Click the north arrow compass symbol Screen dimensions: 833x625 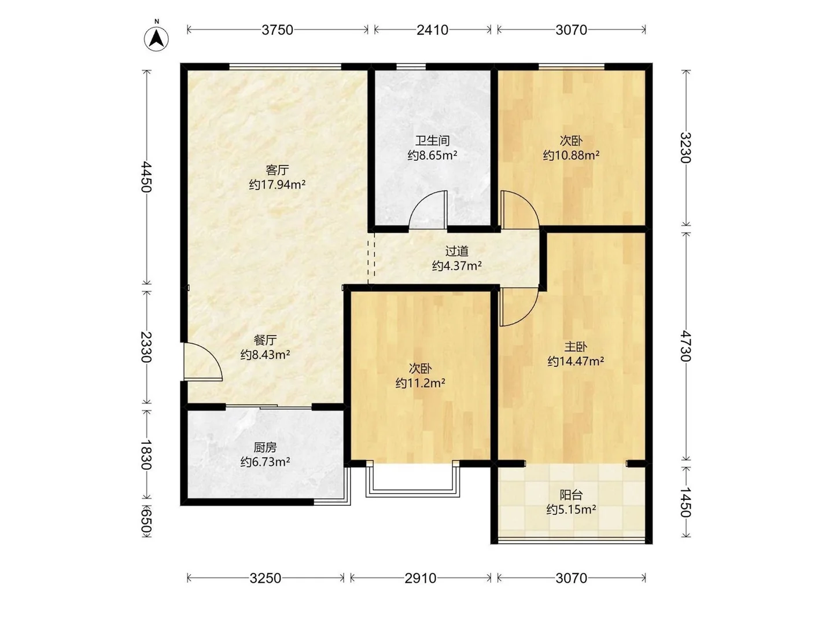click(x=156, y=39)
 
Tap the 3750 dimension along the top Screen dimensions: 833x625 click(x=278, y=30)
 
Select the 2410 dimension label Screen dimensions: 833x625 click(x=432, y=30)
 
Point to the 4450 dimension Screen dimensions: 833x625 click(x=146, y=177)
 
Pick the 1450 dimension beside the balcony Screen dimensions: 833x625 click(x=685, y=502)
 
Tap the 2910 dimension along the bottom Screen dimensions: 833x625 click(x=421, y=578)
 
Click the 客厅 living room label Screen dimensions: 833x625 click(x=278, y=170)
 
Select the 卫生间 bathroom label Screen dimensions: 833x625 click(x=432, y=141)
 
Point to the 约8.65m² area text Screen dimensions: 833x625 click(x=432, y=155)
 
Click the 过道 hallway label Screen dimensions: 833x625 click(x=457, y=251)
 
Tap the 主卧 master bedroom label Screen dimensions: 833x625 click(x=576, y=347)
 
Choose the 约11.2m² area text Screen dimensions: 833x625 click(x=421, y=383)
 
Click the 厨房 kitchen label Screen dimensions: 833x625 click(x=266, y=447)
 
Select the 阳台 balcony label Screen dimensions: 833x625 click(x=571, y=495)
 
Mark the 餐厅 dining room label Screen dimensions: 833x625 click(x=266, y=340)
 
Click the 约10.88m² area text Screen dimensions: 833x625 click(x=571, y=155)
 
